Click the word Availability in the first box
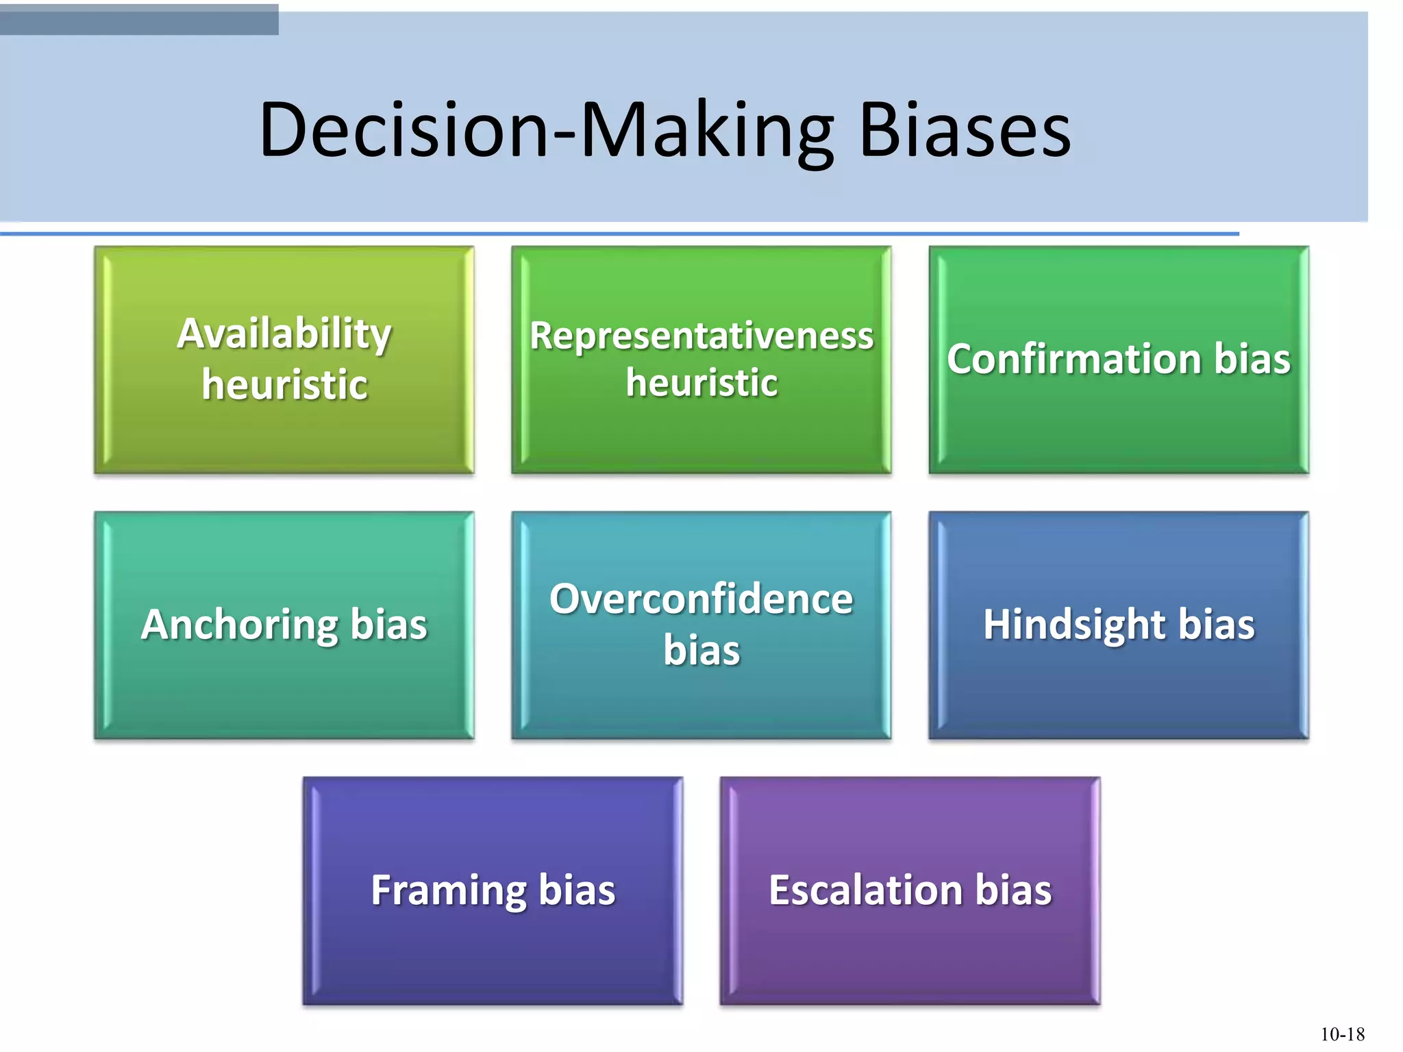(284, 334)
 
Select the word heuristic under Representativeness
(701, 382)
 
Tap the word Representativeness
(701, 336)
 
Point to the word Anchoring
(239, 625)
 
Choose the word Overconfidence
(701, 599)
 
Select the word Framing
(448, 890)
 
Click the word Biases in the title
(965, 130)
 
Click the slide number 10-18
(1342, 1034)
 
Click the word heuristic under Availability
(284, 384)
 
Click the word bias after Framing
(577, 890)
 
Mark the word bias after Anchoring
(388, 625)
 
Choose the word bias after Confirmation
(1252, 359)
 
